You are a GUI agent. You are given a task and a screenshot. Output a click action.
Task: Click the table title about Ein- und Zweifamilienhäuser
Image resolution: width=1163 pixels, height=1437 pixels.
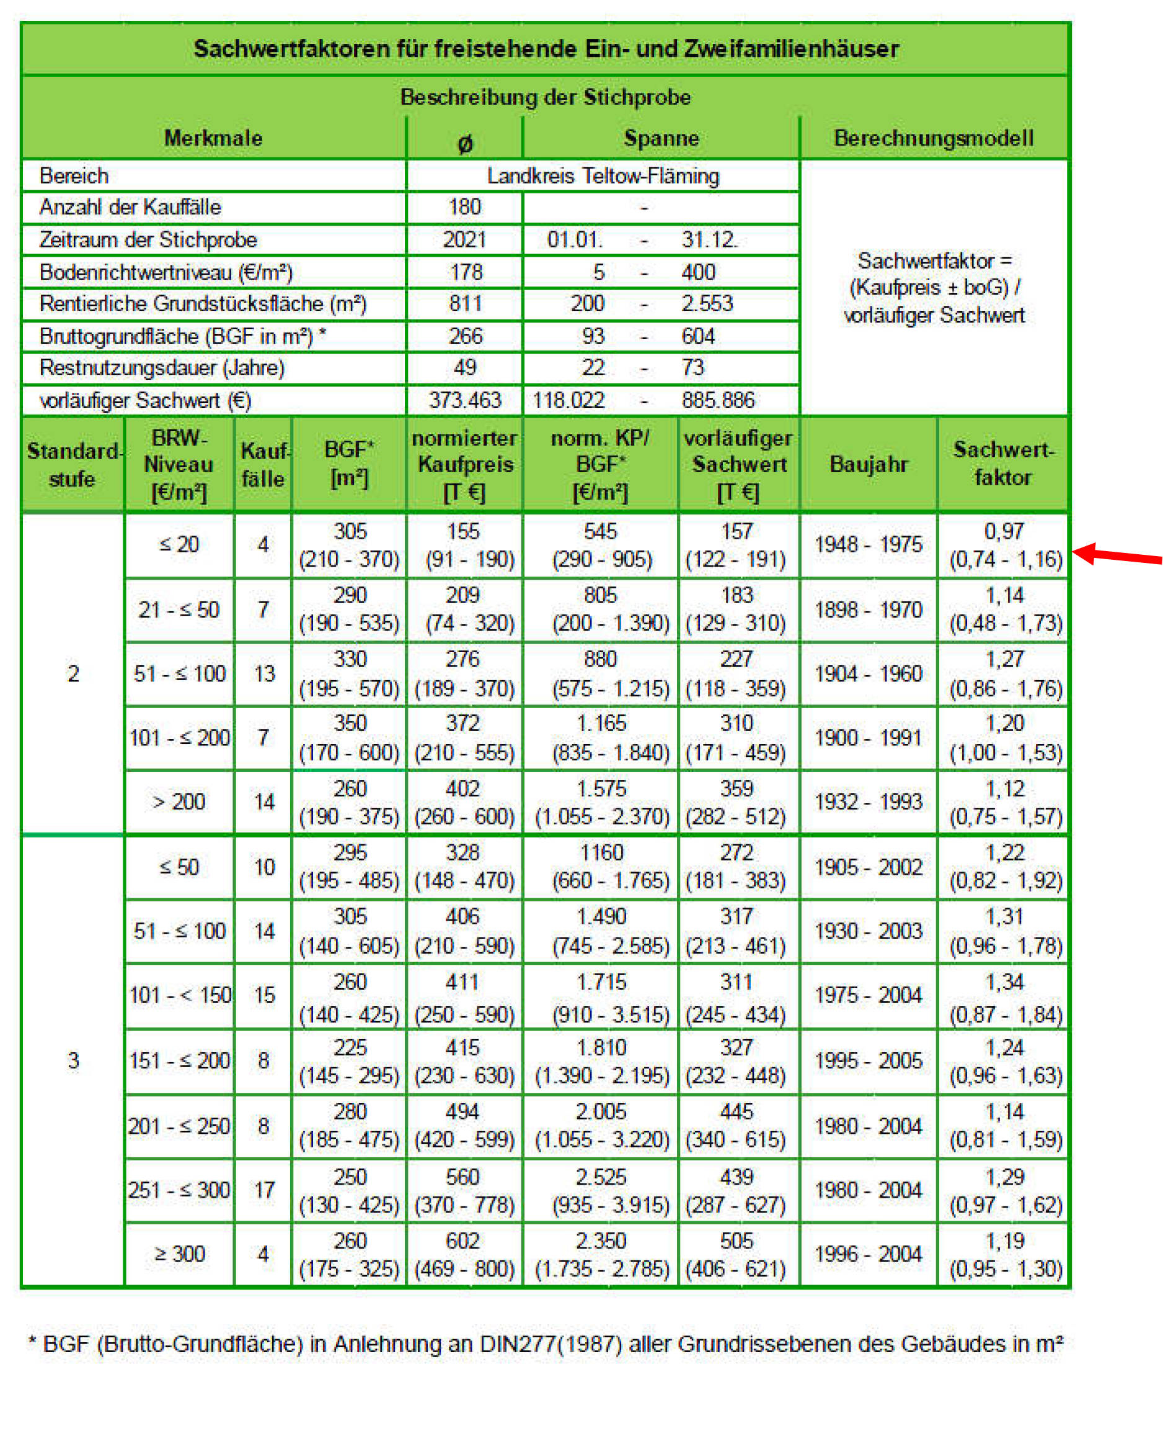coord(546,49)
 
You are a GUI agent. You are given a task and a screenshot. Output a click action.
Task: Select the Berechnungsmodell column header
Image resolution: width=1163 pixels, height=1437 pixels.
coord(933,138)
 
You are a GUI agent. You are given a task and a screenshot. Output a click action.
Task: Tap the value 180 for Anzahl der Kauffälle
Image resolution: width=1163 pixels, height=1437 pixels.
coord(464,207)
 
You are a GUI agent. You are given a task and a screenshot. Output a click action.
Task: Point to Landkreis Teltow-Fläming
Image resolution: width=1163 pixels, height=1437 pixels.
coord(603,176)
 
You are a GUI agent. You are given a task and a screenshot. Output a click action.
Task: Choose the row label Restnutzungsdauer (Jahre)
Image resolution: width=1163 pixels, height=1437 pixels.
coord(162,368)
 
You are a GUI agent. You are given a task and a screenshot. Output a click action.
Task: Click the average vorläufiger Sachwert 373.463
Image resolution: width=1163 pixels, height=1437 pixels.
coord(464,400)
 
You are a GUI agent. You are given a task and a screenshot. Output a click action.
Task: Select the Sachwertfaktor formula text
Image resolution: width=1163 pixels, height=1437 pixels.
coord(934,288)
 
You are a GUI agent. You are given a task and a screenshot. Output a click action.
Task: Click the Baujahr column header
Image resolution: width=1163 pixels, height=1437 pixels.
coord(869,464)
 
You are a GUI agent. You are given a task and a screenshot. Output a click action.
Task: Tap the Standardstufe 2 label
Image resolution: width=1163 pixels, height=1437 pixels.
coord(73,673)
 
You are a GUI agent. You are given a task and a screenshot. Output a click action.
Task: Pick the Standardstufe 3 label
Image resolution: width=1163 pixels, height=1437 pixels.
coord(73,1060)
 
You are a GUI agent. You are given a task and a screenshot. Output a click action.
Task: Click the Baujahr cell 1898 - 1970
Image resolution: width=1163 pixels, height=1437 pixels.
coord(869,609)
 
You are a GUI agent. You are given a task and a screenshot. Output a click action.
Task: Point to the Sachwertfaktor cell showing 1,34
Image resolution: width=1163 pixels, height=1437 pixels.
coord(1004,982)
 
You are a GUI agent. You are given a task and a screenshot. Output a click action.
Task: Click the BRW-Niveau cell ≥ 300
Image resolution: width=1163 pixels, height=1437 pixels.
coord(179,1254)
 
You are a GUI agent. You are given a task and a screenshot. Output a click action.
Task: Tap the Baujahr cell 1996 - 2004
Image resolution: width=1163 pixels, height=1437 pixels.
coord(869,1254)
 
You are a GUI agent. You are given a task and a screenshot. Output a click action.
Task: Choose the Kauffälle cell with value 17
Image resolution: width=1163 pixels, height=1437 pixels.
coord(264,1190)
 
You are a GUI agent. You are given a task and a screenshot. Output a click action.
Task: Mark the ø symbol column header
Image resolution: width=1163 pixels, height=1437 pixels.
coord(464,143)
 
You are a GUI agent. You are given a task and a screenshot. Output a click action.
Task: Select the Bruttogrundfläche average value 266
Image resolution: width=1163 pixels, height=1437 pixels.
coord(464,336)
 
